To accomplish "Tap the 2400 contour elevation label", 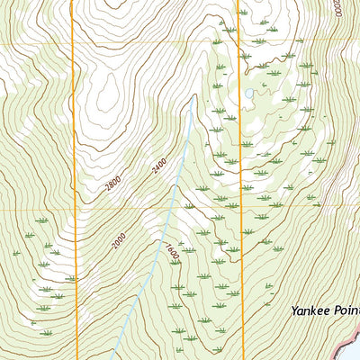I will (x=160, y=166).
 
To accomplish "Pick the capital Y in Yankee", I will (x=294, y=311).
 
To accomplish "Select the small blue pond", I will (x=248, y=93).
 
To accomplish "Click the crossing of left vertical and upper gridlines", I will (x=73, y=42).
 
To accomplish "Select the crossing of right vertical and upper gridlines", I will (x=240, y=42).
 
